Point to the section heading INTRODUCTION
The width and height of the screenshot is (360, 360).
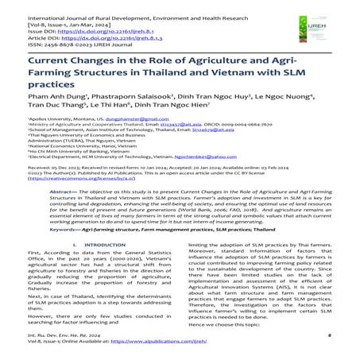point(95,272)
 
